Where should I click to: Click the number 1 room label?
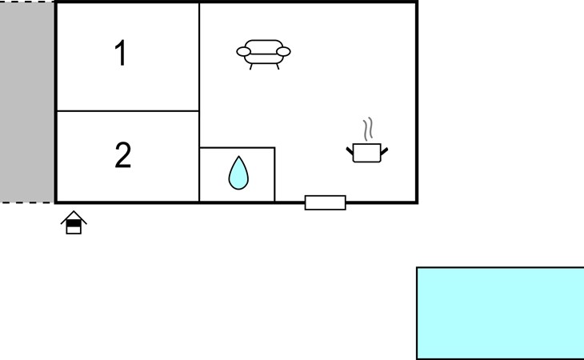pyautogui.click(x=121, y=54)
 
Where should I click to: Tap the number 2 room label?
pyautogui.click(x=123, y=155)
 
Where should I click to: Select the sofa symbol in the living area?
pyautogui.click(x=263, y=54)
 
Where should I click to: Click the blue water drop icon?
pyautogui.click(x=238, y=173)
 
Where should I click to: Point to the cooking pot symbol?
pyautogui.click(x=367, y=153)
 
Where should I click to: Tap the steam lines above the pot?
pyautogui.click(x=368, y=129)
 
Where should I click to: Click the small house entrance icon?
pyautogui.click(x=74, y=222)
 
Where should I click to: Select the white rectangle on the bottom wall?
pyautogui.click(x=325, y=202)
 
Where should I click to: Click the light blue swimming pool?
pyautogui.click(x=500, y=313)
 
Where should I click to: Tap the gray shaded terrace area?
pyautogui.click(x=27, y=102)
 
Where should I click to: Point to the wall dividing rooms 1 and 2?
pyautogui.click(x=128, y=111)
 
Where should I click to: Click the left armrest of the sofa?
pyautogui.click(x=243, y=52)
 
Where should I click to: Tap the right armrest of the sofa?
pyautogui.click(x=283, y=52)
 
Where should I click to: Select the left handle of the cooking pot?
pyautogui.click(x=350, y=150)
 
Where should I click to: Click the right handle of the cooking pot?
pyautogui.click(x=384, y=151)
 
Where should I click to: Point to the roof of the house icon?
pyautogui.click(x=74, y=217)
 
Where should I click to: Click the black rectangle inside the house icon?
pyautogui.click(x=74, y=223)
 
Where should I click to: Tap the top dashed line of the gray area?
pyautogui.click(x=27, y=2)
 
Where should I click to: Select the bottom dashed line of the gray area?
pyautogui.click(x=27, y=203)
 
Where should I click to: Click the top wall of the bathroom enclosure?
pyautogui.click(x=238, y=148)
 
